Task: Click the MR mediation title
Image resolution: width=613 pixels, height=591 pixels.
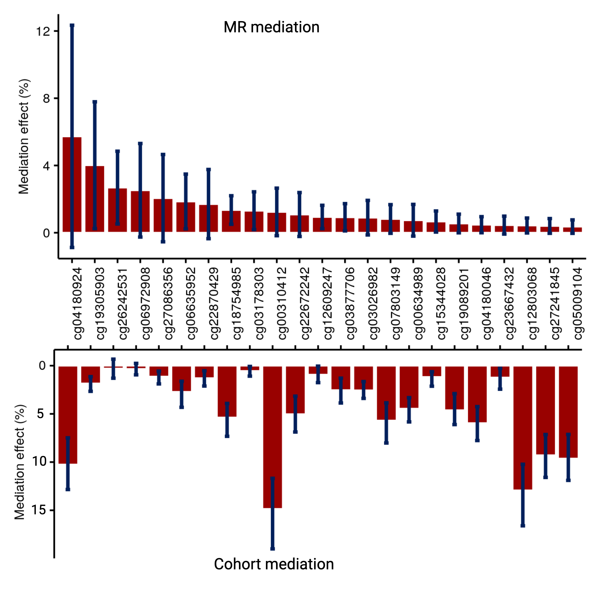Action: pyautogui.click(x=271, y=27)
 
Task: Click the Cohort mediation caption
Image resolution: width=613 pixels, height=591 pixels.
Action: pyautogui.click(x=274, y=564)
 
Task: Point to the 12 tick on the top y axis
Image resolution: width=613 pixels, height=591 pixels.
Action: pyautogui.click(x=43, y=31)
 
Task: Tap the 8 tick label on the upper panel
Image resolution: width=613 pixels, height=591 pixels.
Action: pyautogui.click(x=46, y=99)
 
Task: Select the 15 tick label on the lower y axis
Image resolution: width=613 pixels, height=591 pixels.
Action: pyautogui.click(x=38, y=510)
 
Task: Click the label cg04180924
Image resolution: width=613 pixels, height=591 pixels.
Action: pyautogui.click(x=77, y=303)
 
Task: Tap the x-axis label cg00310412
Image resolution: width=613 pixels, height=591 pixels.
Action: pyautogui.click(x=282, y=303)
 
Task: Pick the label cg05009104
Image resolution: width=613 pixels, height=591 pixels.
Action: pyautogui.click(x=578, y=303)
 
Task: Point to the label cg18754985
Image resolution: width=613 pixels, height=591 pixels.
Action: pyautogui.click(x=236, y=303)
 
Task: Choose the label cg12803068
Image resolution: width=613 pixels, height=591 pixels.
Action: pyautogui.click(x=532, y=303)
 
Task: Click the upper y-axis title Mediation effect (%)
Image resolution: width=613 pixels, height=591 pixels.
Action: pyautogui.click(x=24, y=136)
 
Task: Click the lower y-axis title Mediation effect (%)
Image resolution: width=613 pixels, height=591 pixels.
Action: pyautogui.click(x=20, y=462)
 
